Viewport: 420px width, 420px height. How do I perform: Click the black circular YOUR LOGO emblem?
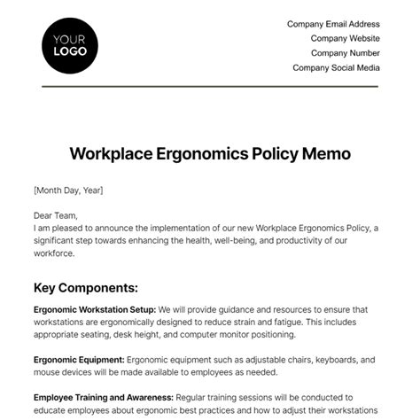tap(70, 44)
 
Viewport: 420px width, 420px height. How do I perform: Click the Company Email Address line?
tap(333, 25)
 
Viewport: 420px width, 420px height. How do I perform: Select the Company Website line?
tap(345, 39)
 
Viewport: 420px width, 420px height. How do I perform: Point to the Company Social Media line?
tap(336, 67)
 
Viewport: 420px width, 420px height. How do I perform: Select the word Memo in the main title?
tap(326, 153)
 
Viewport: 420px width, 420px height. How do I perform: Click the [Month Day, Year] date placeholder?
tap(69, 191)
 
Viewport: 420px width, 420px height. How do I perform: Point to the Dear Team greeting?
tap(56, 215)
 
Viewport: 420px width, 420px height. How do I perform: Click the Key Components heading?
tap(85, 288)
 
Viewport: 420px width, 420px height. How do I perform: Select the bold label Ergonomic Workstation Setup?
tap(95, 309)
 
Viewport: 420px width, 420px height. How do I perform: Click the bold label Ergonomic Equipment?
tap(79, 360)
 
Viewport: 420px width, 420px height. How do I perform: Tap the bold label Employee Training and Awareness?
tap(103, 398)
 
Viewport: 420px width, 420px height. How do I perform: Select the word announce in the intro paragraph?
tap(128, 228)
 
